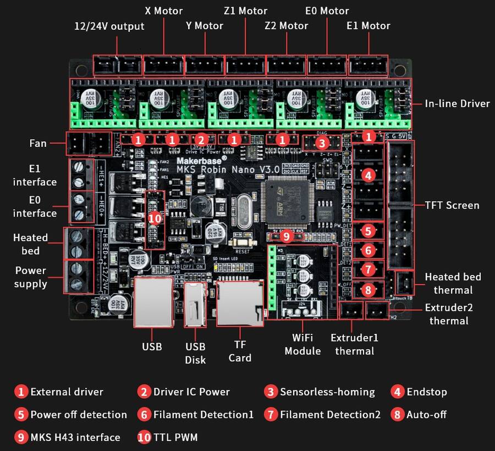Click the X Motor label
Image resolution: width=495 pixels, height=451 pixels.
point(164,11)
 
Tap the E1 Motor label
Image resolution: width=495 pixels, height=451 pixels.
point(368,25)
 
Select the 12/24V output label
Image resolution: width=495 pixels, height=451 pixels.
point(109,26)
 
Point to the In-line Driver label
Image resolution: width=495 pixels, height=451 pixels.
point(457,103)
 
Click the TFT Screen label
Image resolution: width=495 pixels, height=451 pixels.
point(452,205)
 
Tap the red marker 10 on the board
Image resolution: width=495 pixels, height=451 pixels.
point(155,218)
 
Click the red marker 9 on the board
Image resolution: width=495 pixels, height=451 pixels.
point(285,236)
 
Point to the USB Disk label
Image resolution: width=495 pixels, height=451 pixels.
point(195,353)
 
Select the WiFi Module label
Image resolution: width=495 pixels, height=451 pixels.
point(306,344)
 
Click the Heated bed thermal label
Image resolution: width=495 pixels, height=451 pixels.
point(453,283)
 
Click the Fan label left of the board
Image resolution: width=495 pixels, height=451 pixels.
point(38,144)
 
